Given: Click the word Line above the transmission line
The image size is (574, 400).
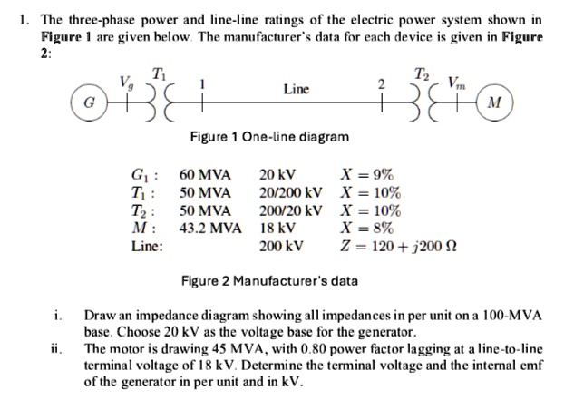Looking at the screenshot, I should (x=296, y=89).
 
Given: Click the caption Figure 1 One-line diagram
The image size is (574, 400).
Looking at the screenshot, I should (x=268, y=137).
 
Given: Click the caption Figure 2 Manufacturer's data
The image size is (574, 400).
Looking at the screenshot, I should (x=268, y=280).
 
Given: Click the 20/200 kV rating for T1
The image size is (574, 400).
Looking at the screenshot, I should (x=290, y=192).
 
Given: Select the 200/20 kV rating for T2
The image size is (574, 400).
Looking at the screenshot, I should (x=290, y=210).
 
